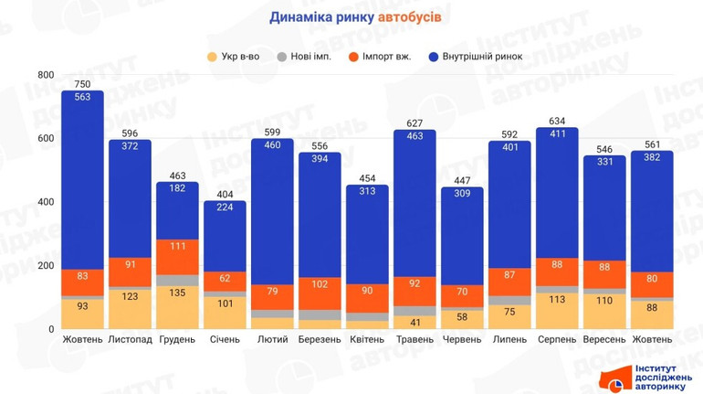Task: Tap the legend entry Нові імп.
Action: [311, 56]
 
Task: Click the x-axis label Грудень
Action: [177, 340]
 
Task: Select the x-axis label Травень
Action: [414, 340]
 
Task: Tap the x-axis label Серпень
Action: [557, 340]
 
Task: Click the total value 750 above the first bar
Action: [82, 84]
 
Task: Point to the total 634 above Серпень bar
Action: [557, 121]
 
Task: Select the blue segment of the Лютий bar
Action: [272, 210]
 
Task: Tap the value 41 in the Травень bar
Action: [414, 322]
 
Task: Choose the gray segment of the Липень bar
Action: [509, 300]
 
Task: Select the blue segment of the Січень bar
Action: [225, 235]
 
